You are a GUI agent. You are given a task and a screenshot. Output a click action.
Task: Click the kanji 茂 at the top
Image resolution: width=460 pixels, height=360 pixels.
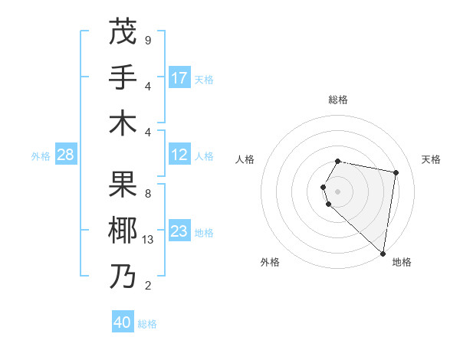click(x=123, y=31)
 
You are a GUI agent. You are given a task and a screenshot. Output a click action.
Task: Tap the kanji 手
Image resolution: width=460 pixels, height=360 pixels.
click(x=123, y=77)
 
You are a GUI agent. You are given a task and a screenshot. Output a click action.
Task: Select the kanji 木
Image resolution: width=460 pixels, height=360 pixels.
click(x=123, y=123)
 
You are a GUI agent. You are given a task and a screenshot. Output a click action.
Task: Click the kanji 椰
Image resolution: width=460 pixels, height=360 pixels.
click(x=123, y=230)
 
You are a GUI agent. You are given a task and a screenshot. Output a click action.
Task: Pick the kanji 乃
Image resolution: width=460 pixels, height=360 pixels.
click(x=123, y=276)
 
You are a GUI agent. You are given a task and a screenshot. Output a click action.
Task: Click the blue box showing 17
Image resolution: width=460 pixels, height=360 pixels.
click(x=179, y=77)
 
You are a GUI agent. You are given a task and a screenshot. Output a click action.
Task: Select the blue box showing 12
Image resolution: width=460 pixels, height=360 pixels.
click(x=179, y=155)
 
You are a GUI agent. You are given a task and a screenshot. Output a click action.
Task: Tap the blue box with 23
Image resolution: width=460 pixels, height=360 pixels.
click(x=179, y=231)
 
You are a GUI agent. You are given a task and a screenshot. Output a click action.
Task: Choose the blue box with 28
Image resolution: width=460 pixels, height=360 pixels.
click(x=66, y=155)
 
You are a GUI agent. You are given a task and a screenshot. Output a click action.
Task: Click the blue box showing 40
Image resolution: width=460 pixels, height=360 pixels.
click(x=123, y=322)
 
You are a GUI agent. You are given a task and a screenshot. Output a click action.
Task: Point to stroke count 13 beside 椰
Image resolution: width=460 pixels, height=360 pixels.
click(x=148, y=240)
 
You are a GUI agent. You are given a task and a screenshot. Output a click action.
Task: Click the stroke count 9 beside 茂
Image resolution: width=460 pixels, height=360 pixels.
click(x=148, y=40)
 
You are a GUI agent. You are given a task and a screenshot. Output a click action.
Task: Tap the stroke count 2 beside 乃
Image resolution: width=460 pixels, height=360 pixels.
click(x=148, y=286)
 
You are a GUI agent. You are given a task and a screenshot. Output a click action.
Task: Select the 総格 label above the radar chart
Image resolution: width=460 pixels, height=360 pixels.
click(x=338, y=100)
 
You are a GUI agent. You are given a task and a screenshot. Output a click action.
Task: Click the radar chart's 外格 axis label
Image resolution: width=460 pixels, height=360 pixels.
click(x=270, y=263)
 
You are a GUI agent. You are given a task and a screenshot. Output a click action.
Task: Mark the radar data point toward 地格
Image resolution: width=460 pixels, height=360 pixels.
click(x=383, y=254)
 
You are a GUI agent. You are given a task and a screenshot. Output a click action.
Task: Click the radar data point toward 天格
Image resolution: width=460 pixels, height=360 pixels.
click(x=396, y=173)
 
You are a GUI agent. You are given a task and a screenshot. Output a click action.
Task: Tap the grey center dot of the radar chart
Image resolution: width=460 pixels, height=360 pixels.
click(x=338, y=190)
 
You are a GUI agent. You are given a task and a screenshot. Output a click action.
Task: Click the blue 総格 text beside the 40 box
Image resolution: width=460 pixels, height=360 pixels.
click(x=147, y=323)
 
